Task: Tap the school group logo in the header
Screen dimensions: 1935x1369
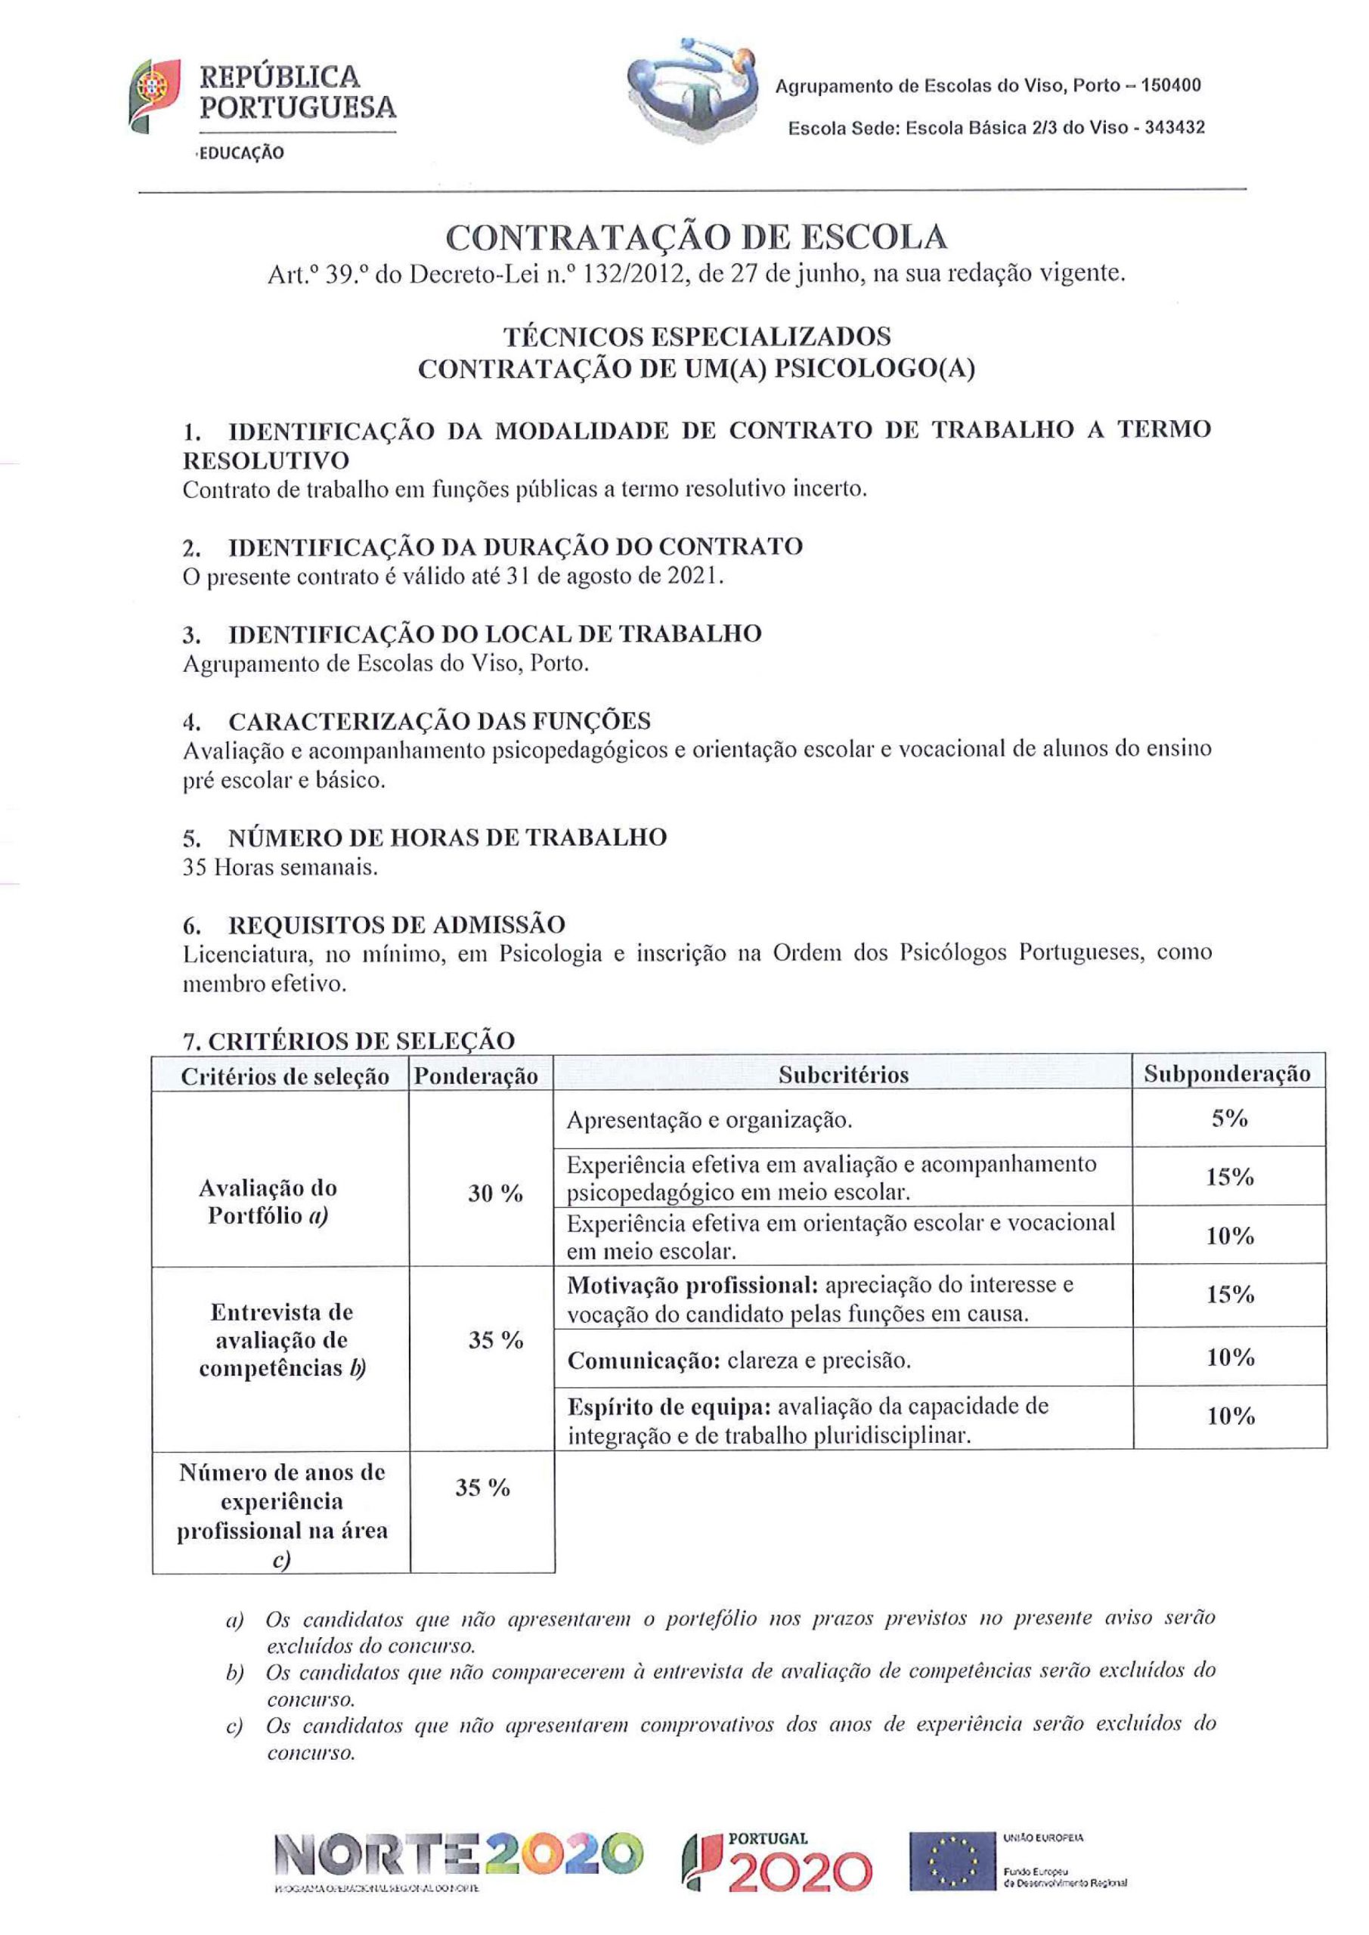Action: (692, 89)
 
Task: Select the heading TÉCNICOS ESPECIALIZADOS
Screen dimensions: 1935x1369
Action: (696, 336)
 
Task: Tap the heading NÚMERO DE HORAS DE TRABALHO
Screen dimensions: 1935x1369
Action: (447, 837)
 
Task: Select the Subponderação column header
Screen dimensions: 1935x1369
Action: (1228, 1073)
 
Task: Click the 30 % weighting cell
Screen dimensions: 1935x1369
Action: (496, 1194)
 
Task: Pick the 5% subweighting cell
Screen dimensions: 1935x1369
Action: (1229, 1119)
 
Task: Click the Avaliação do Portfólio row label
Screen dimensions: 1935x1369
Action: (268, 1201)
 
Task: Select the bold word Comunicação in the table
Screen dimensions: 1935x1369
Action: (643, 1361)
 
